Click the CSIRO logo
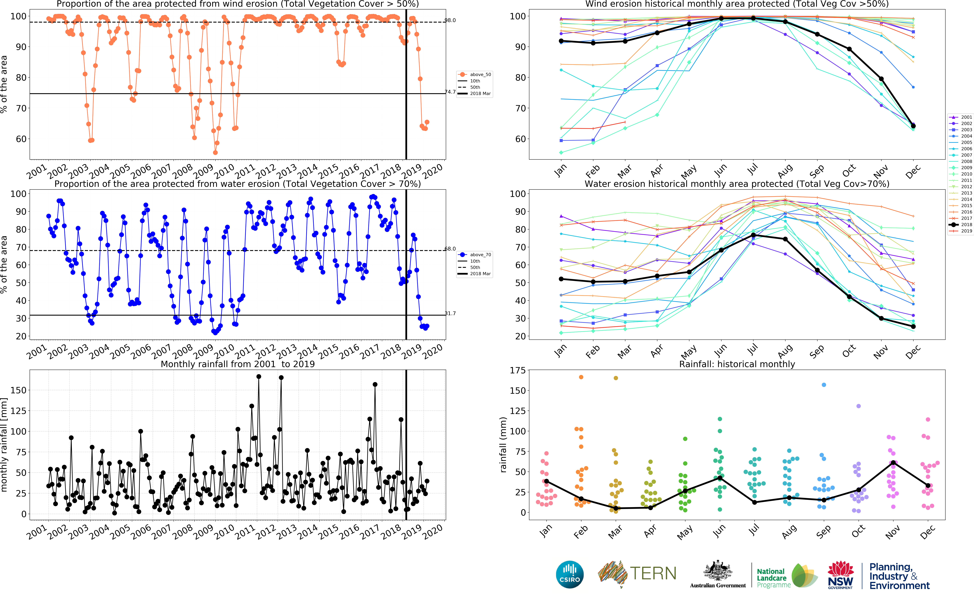point(570,574)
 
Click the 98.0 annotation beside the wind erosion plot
point(450,20)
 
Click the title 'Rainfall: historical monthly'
point(737,364)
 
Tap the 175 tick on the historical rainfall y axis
point(517,370)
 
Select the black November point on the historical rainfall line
point(893,463)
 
